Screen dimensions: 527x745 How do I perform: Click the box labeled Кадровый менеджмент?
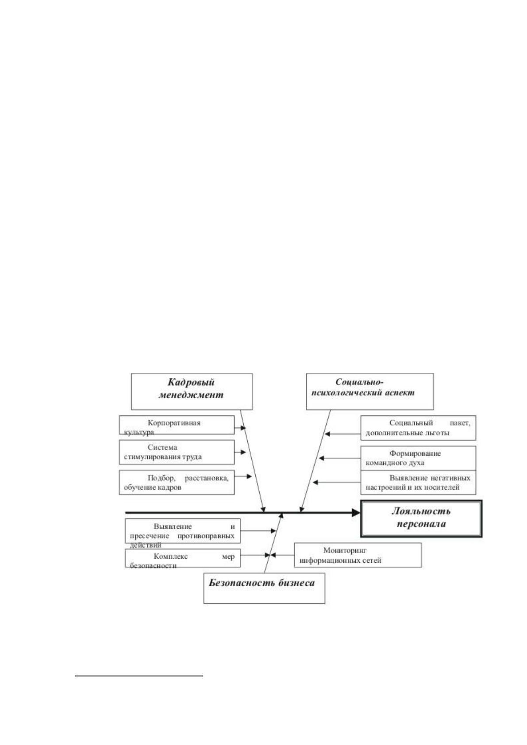coord(192,391)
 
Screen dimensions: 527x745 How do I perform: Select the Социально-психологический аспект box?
coord(369,391)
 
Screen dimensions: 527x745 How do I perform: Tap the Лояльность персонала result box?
coord(421,518)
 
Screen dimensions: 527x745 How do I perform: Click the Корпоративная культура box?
coord(177,425)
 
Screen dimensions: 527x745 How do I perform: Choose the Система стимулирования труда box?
coord(177,452)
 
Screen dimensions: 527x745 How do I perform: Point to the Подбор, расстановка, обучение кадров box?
coord(177,482)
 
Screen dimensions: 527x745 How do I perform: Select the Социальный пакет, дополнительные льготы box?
coord(418,428)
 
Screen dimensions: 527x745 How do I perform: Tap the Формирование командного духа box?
coord(418,458)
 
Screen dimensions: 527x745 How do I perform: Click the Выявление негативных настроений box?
coord(418,482)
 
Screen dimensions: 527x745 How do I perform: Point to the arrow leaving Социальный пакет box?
coord(342,434)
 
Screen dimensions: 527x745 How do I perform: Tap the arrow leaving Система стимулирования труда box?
coord(240,452)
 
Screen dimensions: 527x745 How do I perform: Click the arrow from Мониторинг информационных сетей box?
coord(282,555)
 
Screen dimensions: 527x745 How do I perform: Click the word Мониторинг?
coord(345,550)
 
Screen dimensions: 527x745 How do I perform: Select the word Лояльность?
coord(421,511)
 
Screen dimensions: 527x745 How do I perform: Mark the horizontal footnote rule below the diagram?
coord(139,676)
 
